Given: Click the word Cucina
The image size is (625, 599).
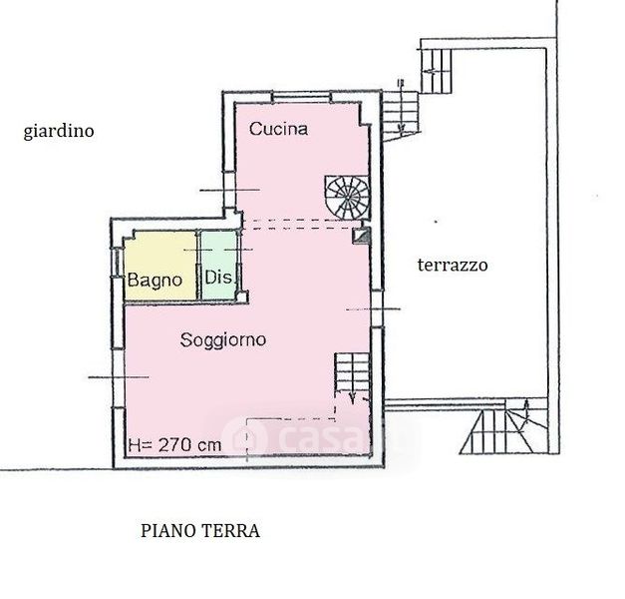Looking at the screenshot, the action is (278, 129).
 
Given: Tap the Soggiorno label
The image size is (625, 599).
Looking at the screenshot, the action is (223, 340).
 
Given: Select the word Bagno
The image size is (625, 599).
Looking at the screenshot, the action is (155, 281).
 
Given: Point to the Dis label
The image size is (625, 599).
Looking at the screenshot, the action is (218, 277).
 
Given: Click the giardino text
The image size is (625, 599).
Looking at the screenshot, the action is (59, 132).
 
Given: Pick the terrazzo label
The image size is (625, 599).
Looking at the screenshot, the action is (453, 265).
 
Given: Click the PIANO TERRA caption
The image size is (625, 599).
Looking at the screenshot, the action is (200, 531).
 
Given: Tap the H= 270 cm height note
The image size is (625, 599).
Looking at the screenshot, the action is (174, 444).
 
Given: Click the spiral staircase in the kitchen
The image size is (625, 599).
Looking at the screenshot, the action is (347, 198).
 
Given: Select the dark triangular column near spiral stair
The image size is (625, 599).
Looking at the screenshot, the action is (362, 236).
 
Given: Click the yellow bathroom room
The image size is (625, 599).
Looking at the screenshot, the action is (160, 266).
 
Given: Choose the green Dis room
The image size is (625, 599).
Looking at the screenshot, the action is (219, 266).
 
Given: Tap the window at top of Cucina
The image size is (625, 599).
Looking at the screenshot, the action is (302, 97).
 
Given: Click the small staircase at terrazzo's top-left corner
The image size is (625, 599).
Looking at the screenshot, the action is (436, 71).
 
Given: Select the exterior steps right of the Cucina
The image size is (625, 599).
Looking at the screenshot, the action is (400, 116).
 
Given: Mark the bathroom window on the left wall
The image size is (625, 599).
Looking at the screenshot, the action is (117, 262).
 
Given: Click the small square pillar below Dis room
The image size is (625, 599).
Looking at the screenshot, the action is (242, 298).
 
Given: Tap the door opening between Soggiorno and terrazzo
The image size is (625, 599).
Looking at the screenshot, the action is (377, 309).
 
